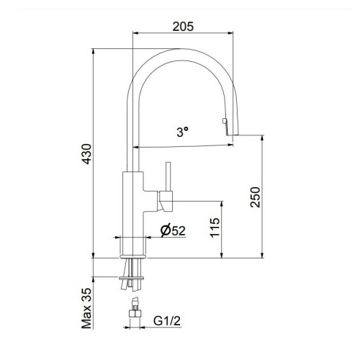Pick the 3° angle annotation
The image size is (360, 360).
pyautogui.click(x=183, y=132)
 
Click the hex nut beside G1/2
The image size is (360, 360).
pyautogui.click(x=134, y=315)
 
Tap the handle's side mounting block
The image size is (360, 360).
pyautogui.click(x=165, y=199)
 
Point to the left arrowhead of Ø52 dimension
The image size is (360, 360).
pyautogui.click(x=120, y=238)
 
